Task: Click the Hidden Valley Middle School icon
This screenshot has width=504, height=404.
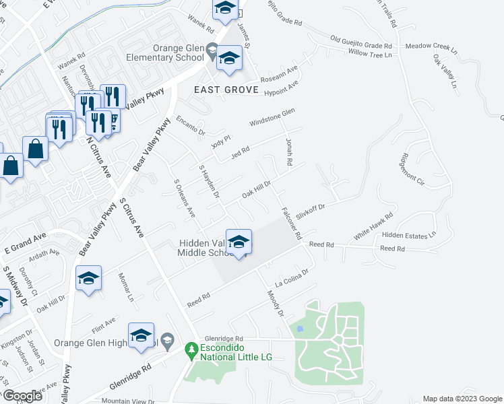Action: [x=239, y=242]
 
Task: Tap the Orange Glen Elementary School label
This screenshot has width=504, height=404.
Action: [x=165, y=53]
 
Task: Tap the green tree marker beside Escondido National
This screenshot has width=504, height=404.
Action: [x=191, y=349]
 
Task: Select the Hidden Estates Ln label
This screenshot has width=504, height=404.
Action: [x=409, y=234]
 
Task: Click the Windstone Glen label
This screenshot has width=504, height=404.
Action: [x=272, y=117]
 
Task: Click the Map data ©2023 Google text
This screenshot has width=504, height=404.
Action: [x=461, y=399]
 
